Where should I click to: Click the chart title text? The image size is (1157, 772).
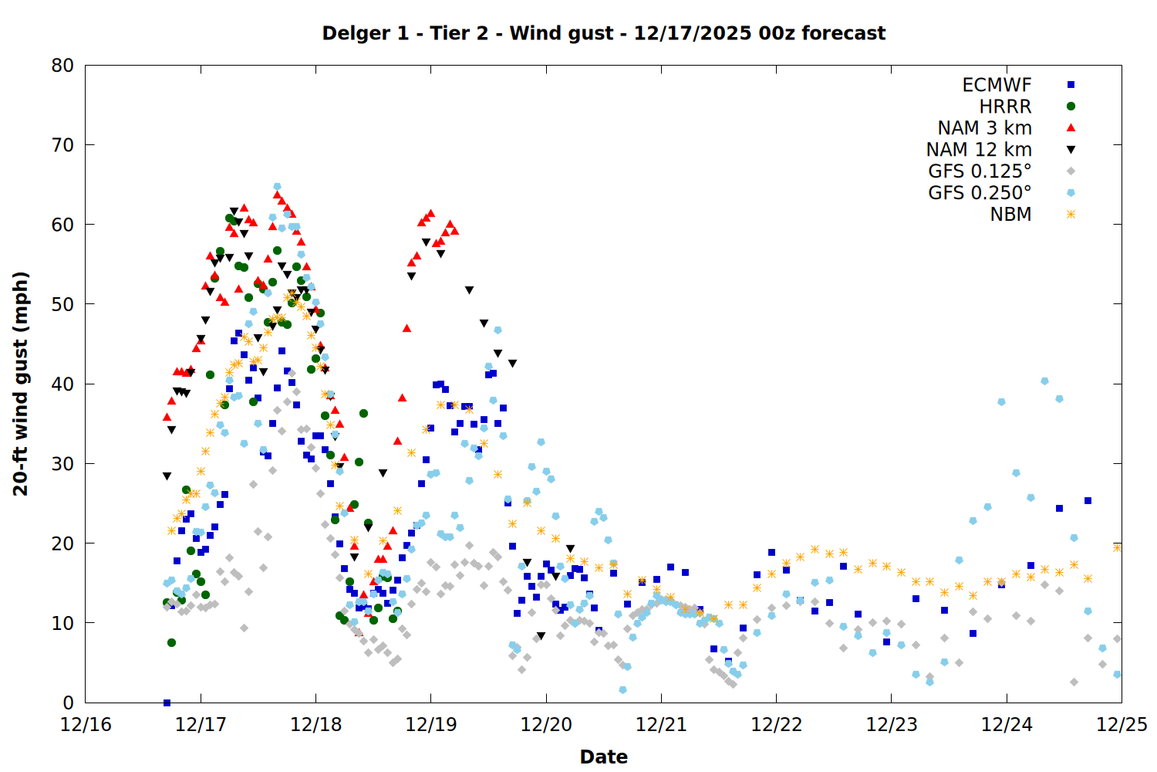603,33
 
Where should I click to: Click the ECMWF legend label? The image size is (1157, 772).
997,85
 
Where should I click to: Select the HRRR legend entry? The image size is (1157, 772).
1005,107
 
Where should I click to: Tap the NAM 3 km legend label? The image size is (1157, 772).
984,128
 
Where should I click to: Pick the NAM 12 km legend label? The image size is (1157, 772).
979,150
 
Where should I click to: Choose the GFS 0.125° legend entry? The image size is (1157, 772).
980,171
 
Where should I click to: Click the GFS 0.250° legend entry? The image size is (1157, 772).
980,193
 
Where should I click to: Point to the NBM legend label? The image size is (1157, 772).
1010,215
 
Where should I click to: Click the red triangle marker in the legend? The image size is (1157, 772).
1071,128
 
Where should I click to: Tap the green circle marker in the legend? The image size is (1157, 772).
1071,107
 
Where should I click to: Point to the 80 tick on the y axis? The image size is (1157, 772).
63,66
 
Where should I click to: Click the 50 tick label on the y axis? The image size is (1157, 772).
63,304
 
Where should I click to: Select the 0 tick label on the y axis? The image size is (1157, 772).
69,703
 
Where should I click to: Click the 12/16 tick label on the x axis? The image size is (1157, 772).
86,725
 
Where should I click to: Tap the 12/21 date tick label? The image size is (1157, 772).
661,725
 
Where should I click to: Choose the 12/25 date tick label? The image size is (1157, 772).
1122,725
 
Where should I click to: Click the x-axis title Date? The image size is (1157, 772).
603,757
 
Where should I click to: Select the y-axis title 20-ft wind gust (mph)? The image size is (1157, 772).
21,384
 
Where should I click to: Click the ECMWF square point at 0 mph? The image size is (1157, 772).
167,703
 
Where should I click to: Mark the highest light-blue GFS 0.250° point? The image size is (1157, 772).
277,186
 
